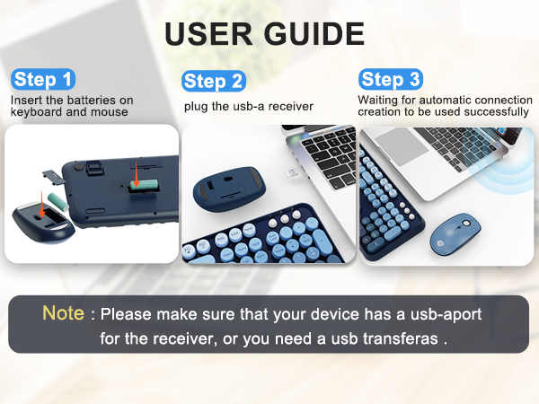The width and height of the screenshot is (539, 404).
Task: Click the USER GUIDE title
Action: pos(264,33)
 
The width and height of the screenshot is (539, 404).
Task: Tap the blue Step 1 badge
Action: pos(43,79)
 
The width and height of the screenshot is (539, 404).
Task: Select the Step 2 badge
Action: pos(213,81)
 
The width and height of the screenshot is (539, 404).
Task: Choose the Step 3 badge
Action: pos(390,79)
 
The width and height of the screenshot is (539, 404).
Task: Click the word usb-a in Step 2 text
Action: pos(247,107)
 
